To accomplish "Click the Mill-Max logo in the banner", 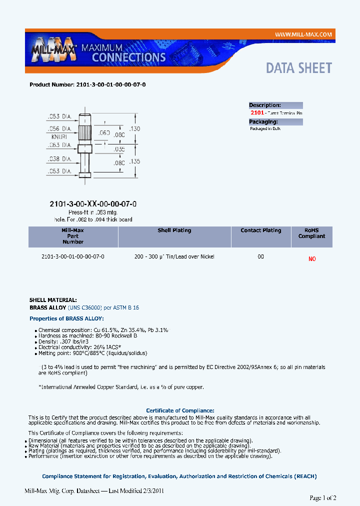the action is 53,49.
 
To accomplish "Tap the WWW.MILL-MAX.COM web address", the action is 303,34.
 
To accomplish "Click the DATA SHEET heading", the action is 298,68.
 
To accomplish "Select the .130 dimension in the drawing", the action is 134,128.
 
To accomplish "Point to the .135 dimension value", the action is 134,161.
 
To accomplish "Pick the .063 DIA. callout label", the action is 60,145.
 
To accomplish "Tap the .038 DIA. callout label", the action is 60,159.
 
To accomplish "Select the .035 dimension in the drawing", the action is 119,149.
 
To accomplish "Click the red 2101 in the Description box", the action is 257,113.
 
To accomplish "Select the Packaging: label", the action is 263,121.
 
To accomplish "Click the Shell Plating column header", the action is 174,230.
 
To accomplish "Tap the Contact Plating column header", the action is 260,230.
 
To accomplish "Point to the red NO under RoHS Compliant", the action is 312,259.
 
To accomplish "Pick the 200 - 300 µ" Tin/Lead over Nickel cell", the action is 174,256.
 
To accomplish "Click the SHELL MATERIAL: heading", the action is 53,300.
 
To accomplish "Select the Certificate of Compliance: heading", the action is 180,410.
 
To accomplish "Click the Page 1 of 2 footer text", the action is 323,498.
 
